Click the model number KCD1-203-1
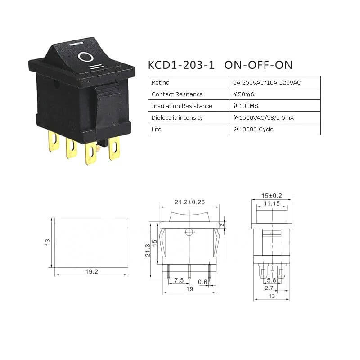181,65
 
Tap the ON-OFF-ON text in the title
258,65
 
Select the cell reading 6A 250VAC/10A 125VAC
267,83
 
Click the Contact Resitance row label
177,94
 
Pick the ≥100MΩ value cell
246,106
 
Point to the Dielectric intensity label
177,117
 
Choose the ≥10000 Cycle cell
253,129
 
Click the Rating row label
161,83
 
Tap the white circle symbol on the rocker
85,57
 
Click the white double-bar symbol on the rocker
96,67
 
